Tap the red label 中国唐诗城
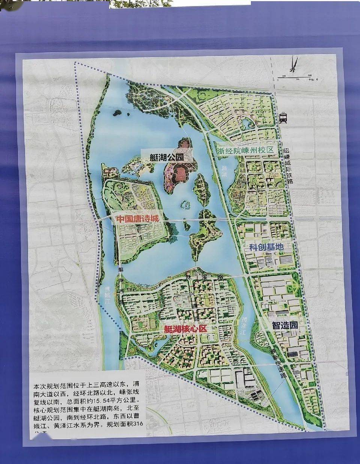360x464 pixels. coord(138,218)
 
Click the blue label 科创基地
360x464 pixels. coord(266,247)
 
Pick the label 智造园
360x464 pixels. coord(285,325)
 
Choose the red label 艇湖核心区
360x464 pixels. coord(185,329)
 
